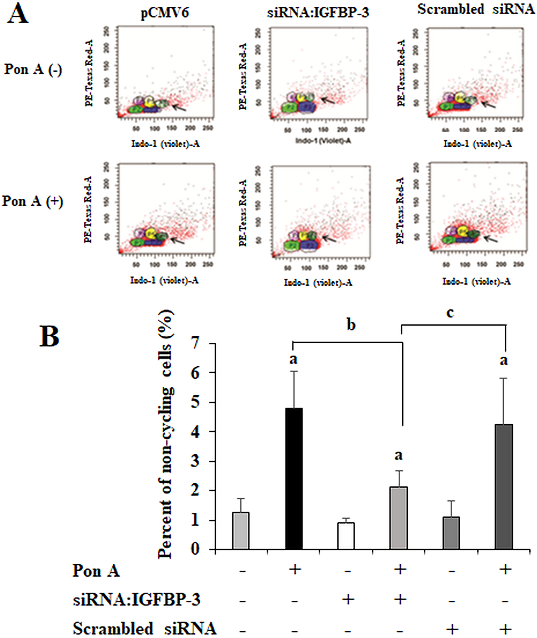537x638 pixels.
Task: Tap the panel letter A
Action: point(17,14)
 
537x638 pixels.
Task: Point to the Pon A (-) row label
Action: point(32,70)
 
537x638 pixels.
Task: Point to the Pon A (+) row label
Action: point(32,201)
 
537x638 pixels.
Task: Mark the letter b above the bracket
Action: point(351,325)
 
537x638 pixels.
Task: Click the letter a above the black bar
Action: point(293,359)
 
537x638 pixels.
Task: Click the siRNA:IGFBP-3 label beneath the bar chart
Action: point(137,600)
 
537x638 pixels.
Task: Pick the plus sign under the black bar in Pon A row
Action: point(294,569)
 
